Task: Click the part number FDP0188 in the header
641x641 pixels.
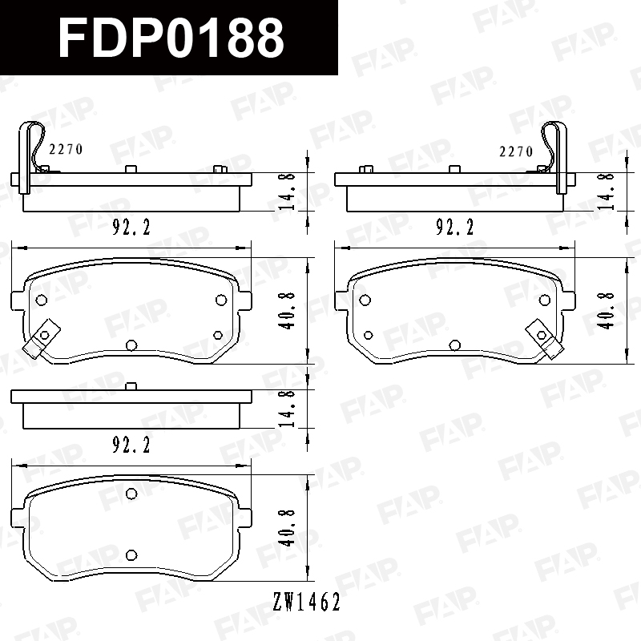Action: point(171,38)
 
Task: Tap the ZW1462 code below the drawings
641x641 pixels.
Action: point(307,602)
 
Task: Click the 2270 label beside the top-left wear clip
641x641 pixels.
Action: point(66,149)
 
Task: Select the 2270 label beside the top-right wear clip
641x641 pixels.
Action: point(516,151)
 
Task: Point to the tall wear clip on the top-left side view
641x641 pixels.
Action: point(26,157)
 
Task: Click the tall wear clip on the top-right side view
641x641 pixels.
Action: point(562,157)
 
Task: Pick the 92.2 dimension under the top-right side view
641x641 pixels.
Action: point(454,227)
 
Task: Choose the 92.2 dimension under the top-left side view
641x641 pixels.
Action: point(131,227)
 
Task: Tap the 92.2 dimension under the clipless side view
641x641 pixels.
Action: point(131,445)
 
